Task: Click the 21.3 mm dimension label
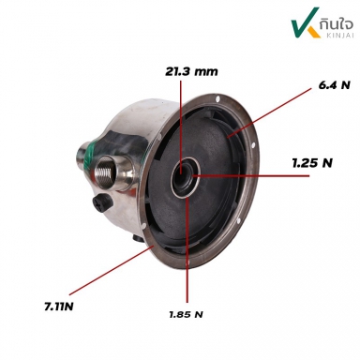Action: (x=191, y=71)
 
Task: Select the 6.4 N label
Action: (x=335, y=85)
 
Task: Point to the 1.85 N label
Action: (x=186, y=314)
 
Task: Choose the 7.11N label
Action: (x=59, y=307)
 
